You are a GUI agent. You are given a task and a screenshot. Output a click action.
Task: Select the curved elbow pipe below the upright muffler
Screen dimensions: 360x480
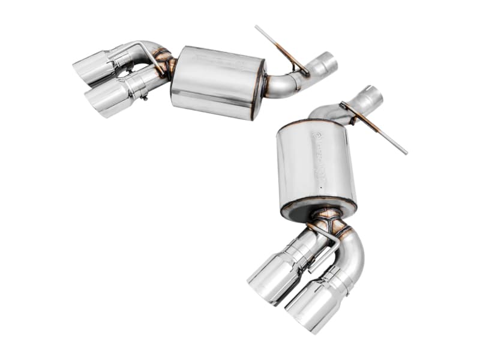click(x=354, y=252)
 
